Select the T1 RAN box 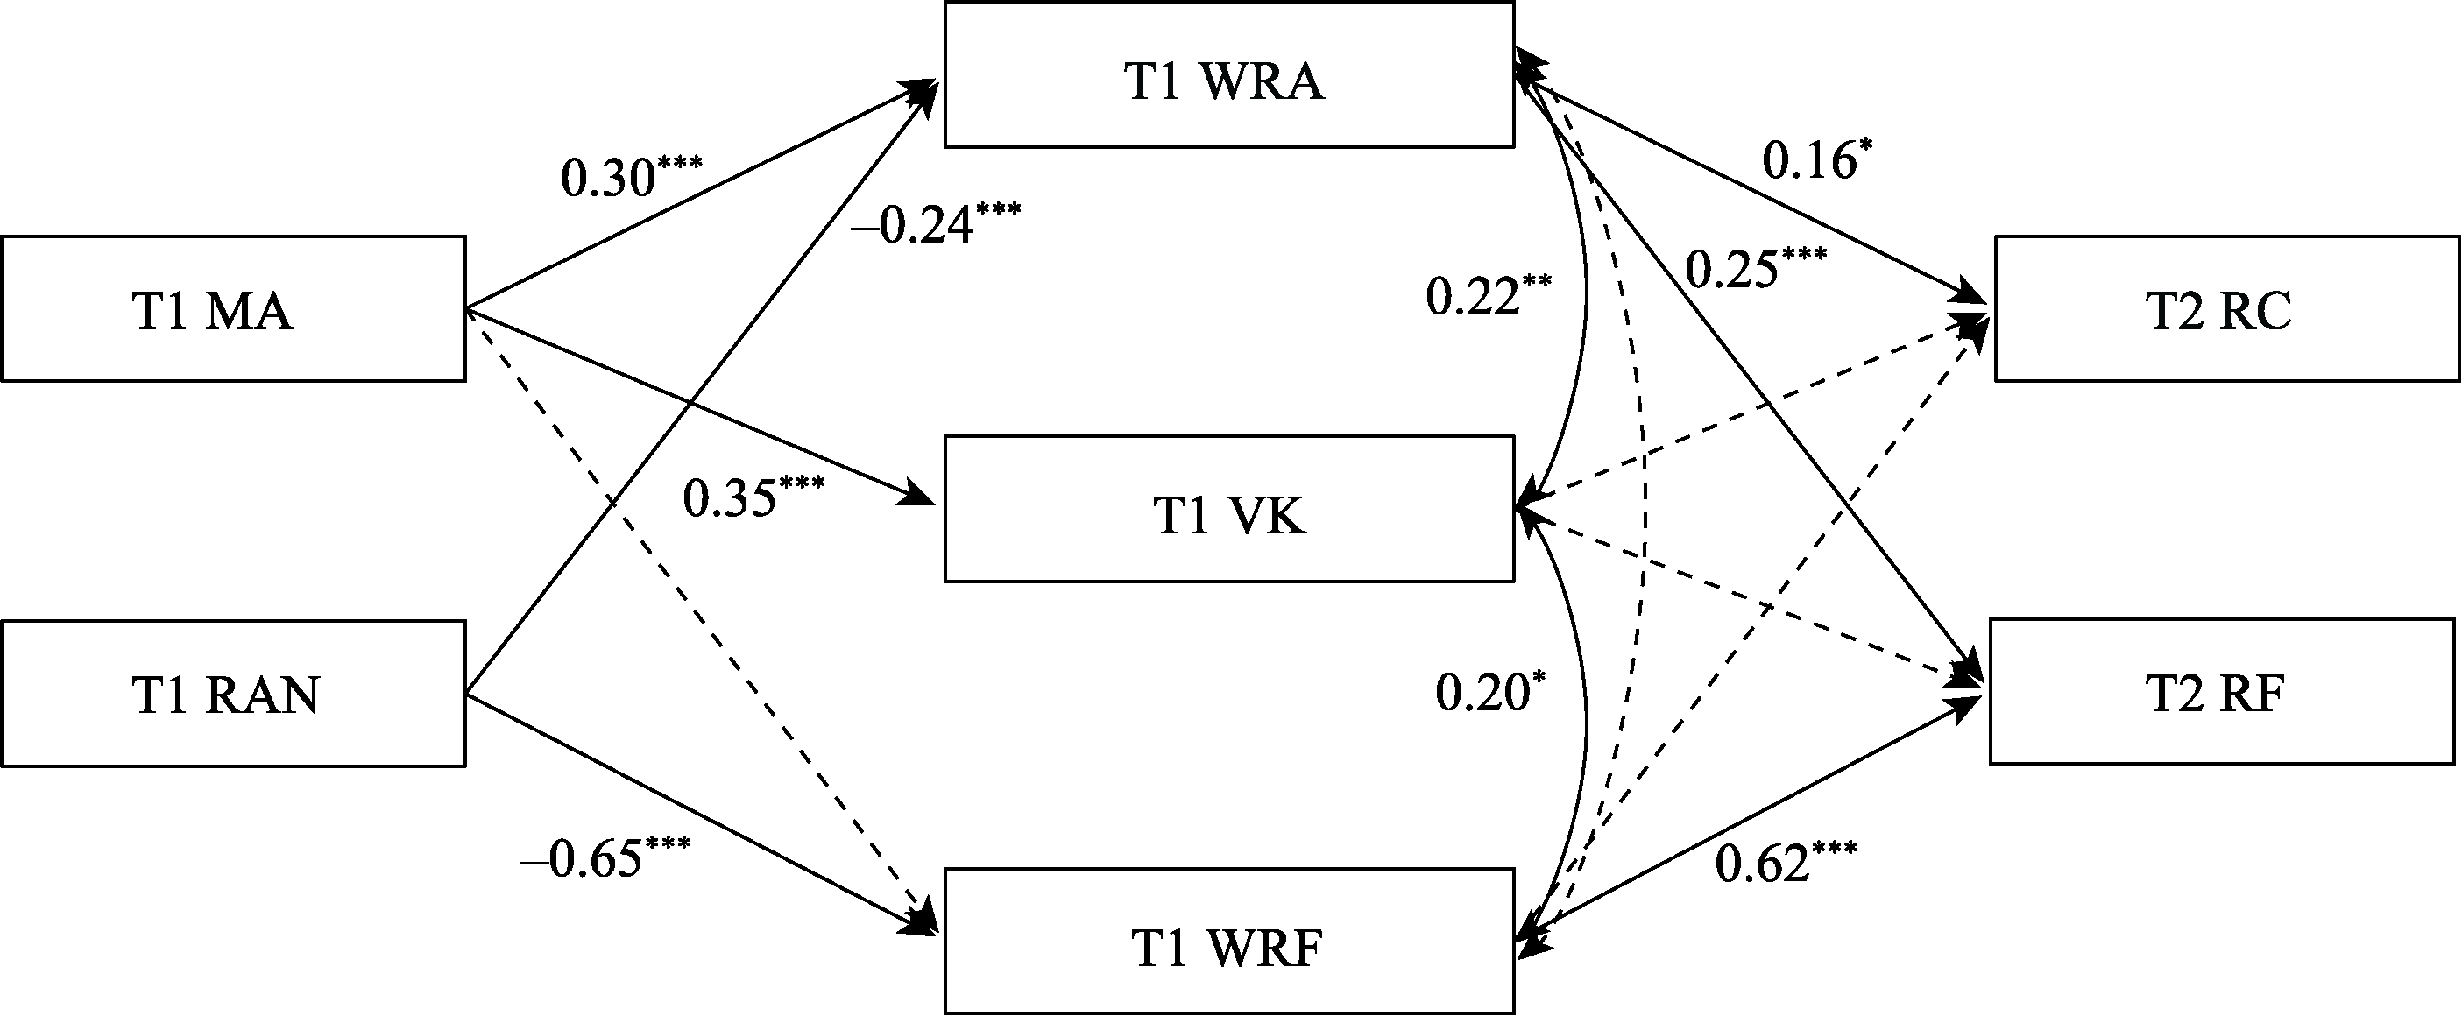[233, 694]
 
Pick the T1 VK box [1229, 509]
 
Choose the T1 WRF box [1229, 942]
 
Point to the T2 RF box [2222, 692]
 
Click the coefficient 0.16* [1817, 160]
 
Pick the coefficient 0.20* [1490, 692]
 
